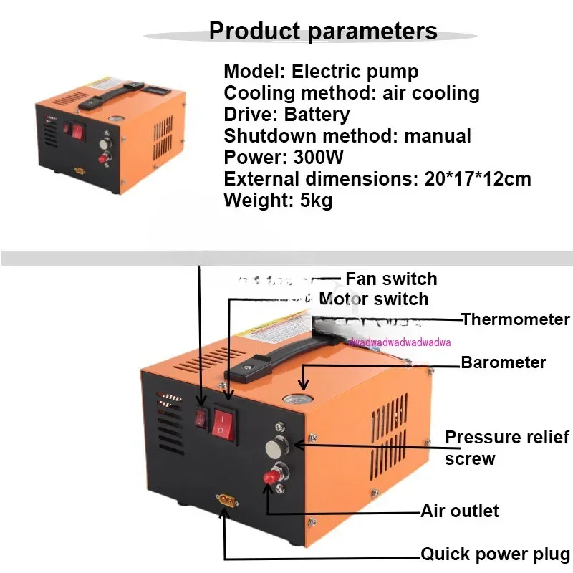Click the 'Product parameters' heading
click(322, 31)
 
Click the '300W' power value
click(312, 158)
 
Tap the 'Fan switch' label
click(390, 279)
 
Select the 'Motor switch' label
click(374, 299)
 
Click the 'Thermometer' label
click(516, 319)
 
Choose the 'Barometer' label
click(503, 362)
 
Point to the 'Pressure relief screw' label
click(506, 448)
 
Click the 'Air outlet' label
click(459, 511)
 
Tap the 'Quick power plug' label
click(495, 554)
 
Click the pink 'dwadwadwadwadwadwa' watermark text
click(400, 342)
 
